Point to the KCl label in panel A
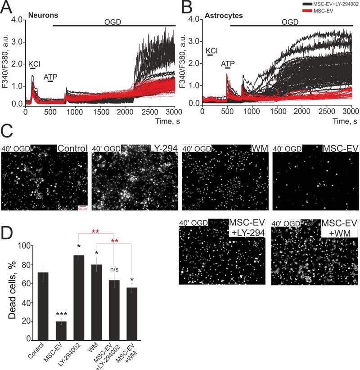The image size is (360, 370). click(34, 64)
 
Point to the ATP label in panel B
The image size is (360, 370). click(228, 64)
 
